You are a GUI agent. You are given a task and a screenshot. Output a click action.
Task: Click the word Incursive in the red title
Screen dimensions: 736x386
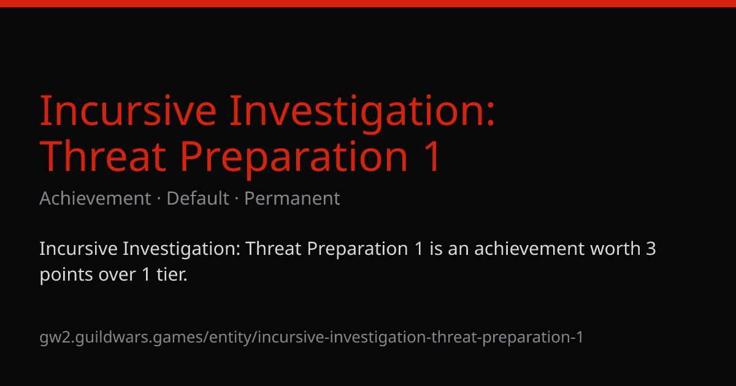coord(128,110)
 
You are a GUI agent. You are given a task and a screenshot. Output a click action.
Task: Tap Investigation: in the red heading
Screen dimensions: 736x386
coord(362,113)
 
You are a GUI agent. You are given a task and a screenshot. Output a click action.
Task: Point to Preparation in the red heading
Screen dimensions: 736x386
coord(294,159)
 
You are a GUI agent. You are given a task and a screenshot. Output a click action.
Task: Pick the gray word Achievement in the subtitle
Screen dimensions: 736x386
coord(95,199)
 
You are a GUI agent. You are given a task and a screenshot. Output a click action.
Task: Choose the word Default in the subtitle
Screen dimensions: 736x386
coord(197,199)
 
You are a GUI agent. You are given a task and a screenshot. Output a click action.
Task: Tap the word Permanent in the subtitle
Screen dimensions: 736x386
coord(292,199)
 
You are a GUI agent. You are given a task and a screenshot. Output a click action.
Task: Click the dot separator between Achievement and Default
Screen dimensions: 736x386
coord(159,199)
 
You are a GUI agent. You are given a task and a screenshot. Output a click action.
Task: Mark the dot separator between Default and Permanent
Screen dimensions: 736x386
coord(237,199)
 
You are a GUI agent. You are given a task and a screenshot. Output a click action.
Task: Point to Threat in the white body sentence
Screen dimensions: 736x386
coord(274,249)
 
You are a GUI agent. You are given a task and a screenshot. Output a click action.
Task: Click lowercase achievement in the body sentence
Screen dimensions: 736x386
coord(529,249)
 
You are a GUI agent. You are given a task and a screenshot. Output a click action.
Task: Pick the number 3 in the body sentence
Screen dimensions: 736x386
coord(651,249)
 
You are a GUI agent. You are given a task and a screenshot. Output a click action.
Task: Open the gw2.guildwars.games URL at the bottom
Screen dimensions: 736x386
coord(312,338)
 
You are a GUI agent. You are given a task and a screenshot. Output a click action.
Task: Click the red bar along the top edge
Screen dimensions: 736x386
coord(368,3)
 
